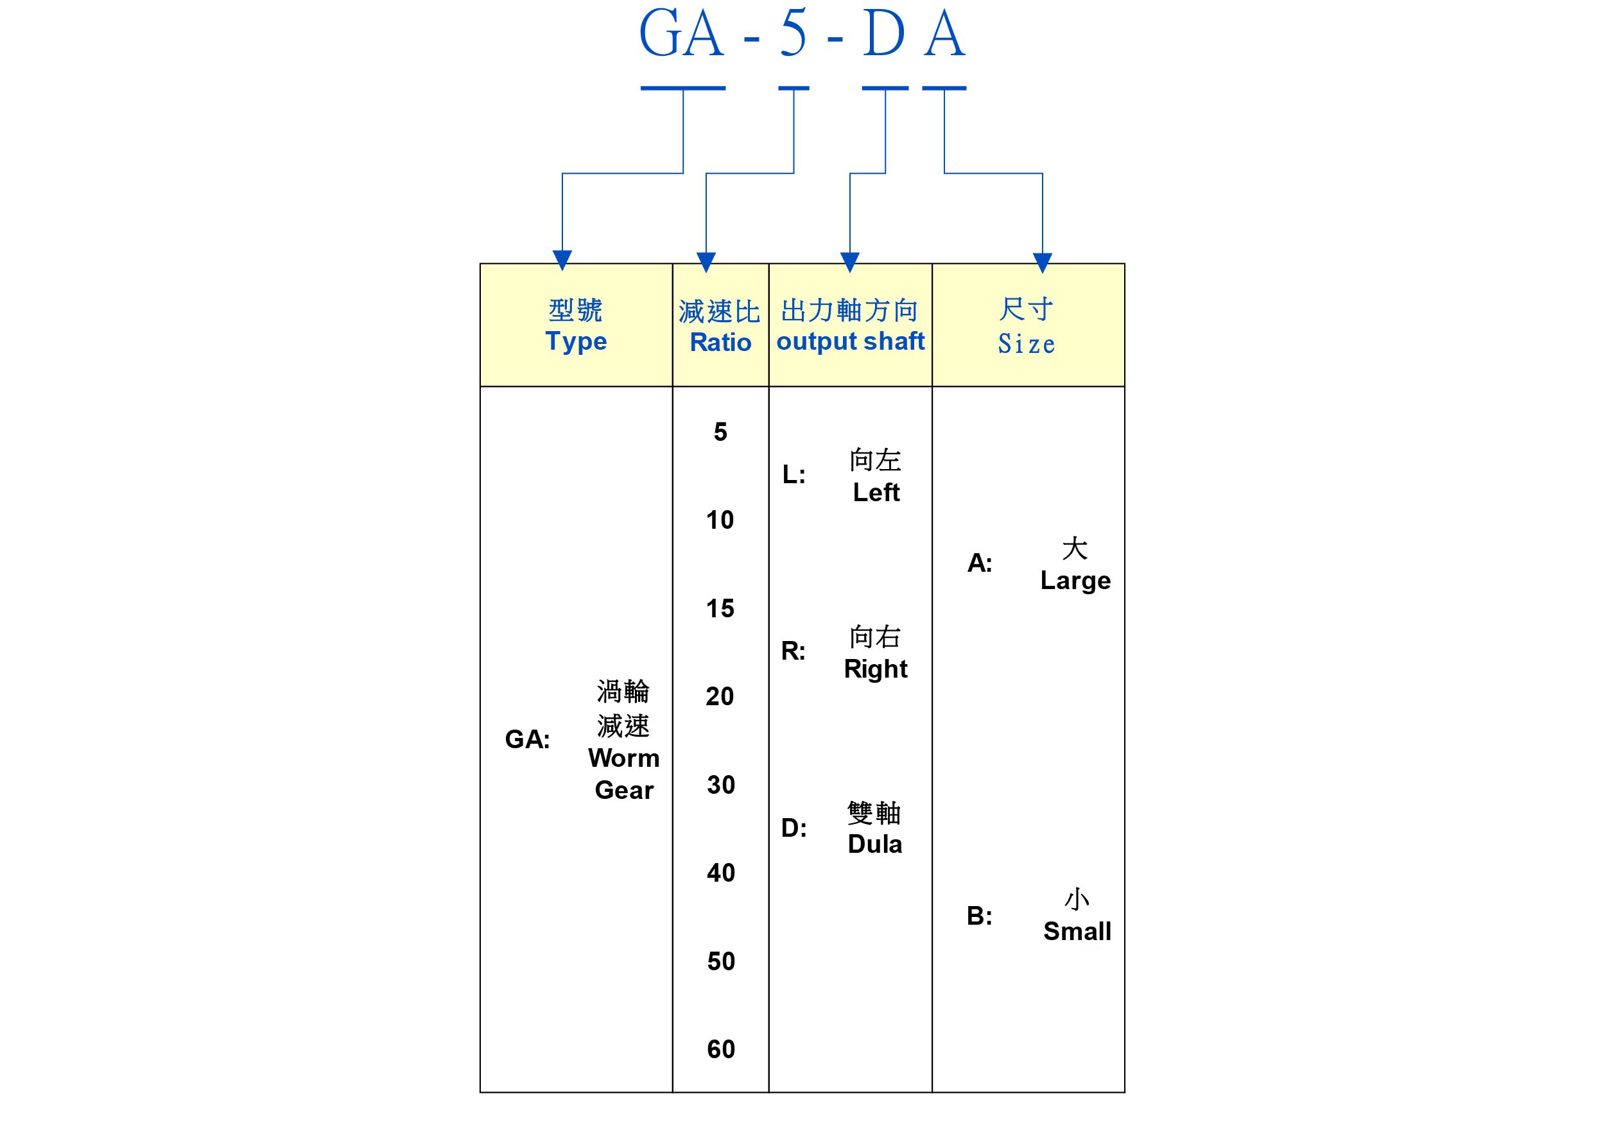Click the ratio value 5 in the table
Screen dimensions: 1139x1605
(x=720, y=432)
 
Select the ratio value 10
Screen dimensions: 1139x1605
(x=720, y=520)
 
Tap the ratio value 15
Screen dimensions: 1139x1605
(x=720, y=609)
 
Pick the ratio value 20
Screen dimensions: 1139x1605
(x=720, y=696)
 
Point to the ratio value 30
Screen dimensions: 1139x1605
(x=720, y=785)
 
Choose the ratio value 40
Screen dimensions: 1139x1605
(x=720, y=873)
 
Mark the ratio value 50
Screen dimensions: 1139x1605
(x=720, y=961)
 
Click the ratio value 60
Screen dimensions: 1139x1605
(x=720, y=1049)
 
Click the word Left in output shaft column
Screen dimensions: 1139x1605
(x=876, y=492)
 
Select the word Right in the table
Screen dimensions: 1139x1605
(x=876, y=669)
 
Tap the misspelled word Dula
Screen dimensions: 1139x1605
(x=875, y=844)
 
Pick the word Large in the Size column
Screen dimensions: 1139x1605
(x=1075, y=581)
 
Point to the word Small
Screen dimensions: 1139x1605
(x=1077, y=931)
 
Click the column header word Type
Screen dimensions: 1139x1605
(x=576, y=341)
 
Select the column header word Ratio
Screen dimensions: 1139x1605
(x=720, y=342)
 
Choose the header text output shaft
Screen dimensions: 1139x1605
(x=850, y=341)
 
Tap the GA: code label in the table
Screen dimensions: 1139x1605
(x=528, y=739)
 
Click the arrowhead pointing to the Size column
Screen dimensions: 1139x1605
(x=1043, y=262)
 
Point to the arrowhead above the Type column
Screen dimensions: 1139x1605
(x=562, y=259)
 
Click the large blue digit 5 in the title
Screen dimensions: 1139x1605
(x=794, y=33)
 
